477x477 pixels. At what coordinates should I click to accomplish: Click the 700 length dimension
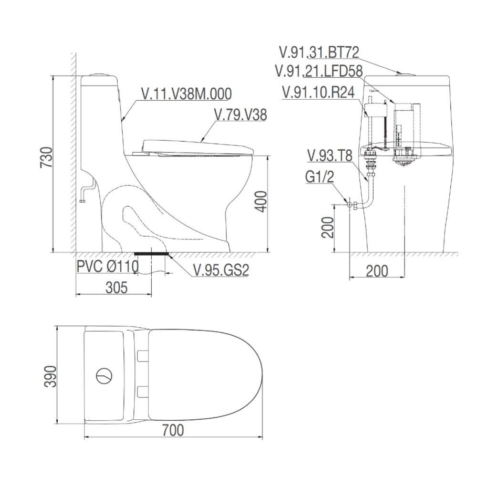click(172, 431)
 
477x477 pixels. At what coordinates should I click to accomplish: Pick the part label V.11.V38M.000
click(186, 94)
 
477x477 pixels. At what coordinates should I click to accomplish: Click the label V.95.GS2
click(221, 270)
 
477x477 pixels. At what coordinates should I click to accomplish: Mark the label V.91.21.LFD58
click(319, 71)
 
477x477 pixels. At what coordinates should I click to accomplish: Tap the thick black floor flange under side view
click(152, 254)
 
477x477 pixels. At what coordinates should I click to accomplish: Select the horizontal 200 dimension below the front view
click(377, 270)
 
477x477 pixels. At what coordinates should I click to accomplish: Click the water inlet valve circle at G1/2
click(349, 205)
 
